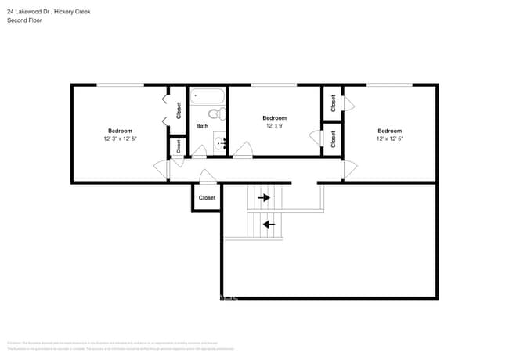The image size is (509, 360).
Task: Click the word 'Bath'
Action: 202,126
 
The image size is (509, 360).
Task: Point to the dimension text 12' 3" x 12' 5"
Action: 120,139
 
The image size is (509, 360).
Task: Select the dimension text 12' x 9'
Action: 274,125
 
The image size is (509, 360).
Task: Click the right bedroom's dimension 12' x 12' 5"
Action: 389,139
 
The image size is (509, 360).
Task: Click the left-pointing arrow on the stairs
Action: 269,225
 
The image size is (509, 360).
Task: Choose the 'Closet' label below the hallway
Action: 207,198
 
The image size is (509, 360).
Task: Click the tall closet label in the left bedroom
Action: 178,110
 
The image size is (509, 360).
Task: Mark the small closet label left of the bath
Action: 178,146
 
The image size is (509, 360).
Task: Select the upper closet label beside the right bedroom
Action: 333,102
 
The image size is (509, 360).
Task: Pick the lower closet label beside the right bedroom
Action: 333,139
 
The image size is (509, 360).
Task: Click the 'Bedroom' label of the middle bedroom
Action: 274,117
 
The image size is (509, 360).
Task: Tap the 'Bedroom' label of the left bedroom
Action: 120,131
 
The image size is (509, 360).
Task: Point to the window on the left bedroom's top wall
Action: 120,85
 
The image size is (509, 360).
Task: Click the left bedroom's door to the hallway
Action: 161,170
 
